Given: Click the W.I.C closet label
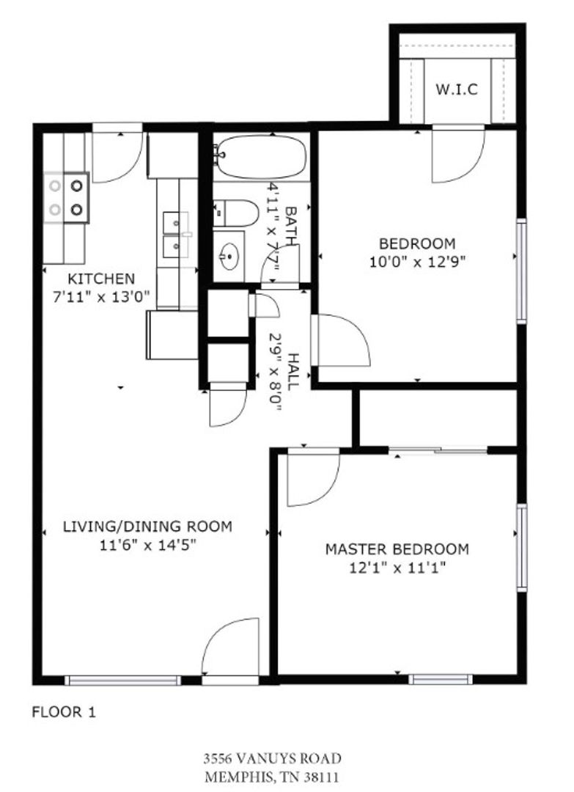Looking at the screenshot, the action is coord(457,89).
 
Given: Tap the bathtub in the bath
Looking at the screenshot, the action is coord(261,156).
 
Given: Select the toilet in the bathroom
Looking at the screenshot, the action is coord(235,213).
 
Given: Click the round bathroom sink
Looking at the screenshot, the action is coord(229,256).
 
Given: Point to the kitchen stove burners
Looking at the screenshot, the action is coord(66,197).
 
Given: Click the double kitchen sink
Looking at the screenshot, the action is coord(175,235).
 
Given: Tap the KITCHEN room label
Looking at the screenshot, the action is coord(101,279).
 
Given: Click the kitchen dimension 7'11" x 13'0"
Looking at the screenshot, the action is coord(101,296).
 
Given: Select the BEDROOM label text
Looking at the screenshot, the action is coord(417,243).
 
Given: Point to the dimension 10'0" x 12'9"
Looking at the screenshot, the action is coord(417,262).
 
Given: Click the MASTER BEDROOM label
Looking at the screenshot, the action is coord(397,549).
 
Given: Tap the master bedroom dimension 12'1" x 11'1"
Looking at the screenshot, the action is coord(397,568).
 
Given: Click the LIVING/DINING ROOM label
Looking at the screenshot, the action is coord(147,527).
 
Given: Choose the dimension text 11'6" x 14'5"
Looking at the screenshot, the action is coord(147,545).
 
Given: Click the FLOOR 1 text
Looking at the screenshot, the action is coord(64,712).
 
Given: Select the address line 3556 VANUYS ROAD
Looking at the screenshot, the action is coord(272,758).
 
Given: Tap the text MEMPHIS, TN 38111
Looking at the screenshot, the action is coord(272,777).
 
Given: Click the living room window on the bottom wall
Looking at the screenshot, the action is coord(122,681).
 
